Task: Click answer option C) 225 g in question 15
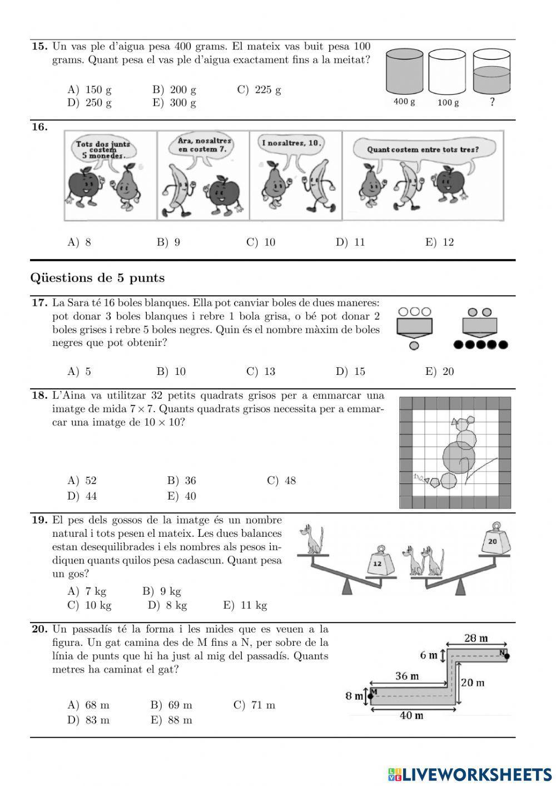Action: click(x=259, y=90)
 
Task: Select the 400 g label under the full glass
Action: click(x=404, y=102)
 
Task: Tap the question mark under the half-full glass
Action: click(x=492, y=102)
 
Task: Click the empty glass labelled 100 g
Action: click(x=448, y=72)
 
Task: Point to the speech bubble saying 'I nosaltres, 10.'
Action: click(x=292, y=144)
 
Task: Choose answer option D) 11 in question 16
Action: click(x=350, y=242)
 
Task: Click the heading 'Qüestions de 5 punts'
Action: click(x=98, y=278)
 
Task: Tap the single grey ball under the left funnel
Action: click(x=414, y=345)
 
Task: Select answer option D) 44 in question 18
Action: click(x=82, y=496)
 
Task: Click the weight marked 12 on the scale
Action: click(x=378, y=563)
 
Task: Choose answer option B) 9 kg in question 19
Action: click(x=162, y=591)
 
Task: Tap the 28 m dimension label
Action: click(x=476, y=638)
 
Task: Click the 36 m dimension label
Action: click(x=407, y=676)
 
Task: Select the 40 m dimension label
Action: click(x=411, y=715)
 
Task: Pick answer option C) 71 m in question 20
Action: click(x=255, y=705)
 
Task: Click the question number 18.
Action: click(x=39, y=396)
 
